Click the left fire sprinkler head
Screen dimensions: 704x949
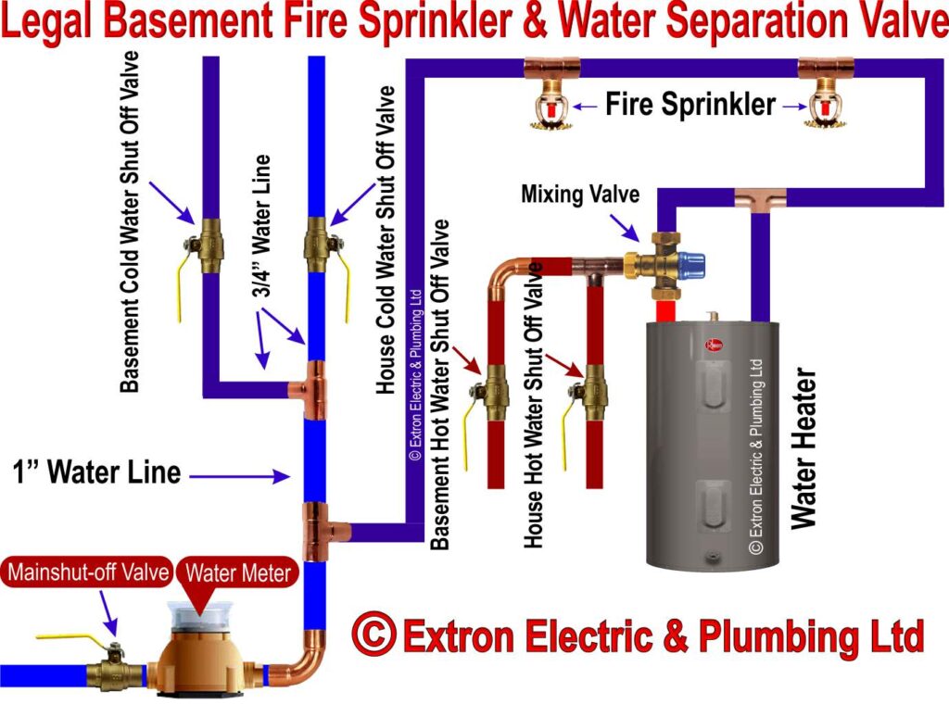tap(550, 109)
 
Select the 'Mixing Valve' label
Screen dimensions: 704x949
tap(578, 195)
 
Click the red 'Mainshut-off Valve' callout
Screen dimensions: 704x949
tap(89, 572)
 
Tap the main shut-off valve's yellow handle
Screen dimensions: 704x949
tap(74, 638)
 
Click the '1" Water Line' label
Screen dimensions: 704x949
tap(96, 472)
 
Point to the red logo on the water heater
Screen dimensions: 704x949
tap(715, 345)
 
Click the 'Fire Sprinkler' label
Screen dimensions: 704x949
tap(690, 105)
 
